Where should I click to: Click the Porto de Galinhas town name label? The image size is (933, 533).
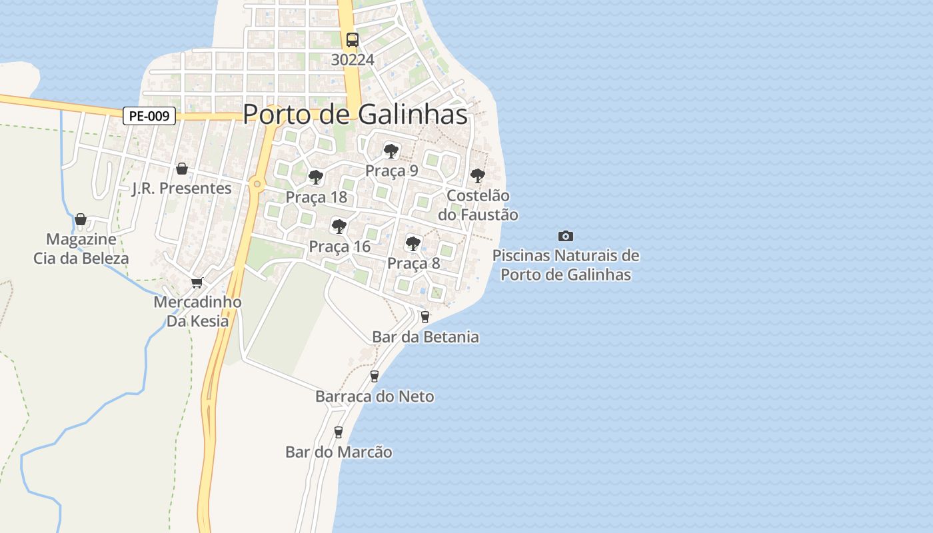[355, 115]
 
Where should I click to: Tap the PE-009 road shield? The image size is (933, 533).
[149, 116]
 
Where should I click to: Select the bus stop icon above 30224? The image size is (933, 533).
[352, 40]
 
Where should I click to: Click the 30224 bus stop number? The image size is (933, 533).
[353, 60]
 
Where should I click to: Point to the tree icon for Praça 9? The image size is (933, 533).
[391, 151]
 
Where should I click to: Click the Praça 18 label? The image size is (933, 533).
[317, 197]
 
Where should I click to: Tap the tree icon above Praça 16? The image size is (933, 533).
[339, 227]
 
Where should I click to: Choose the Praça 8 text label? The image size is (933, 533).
[413, 263]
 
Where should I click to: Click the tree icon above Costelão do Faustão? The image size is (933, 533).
[477, 176]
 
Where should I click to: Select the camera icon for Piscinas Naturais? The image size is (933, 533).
[565, 236]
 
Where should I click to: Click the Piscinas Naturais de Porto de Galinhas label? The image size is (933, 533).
[565, 265]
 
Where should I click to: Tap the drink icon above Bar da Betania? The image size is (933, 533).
[425, 317]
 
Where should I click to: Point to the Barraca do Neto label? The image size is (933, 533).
[375, 396]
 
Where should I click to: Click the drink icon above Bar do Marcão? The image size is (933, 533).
[339, 432]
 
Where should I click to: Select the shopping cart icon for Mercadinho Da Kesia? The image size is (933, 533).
[197, 283]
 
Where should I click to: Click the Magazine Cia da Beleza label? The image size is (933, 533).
[81, 249]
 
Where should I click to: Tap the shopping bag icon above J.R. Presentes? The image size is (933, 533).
[181, 169]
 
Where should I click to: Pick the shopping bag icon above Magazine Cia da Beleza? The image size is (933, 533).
[81, 219]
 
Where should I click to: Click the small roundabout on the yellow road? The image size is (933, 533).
[257, 184]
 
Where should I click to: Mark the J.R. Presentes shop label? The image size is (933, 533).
[181, 189]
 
